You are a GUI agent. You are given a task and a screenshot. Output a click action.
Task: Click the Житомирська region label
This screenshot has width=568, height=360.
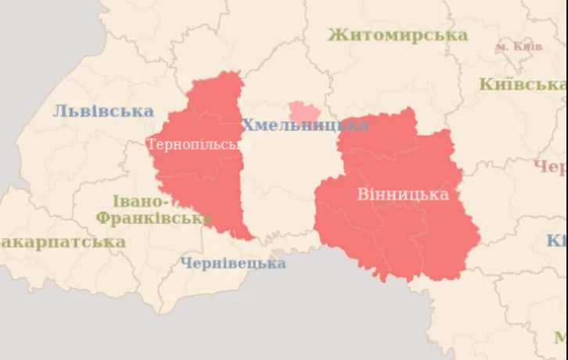[x=397, y=34]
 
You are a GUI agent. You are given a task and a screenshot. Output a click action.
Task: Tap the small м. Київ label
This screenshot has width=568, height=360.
[x=518, y=47]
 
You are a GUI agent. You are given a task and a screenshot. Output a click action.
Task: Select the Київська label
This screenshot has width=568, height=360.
[x=522, y=85]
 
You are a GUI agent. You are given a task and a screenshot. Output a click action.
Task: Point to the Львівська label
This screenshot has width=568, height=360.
[x=103, y=111]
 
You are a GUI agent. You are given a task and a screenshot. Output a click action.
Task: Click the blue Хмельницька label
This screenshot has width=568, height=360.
[x=304, y=125]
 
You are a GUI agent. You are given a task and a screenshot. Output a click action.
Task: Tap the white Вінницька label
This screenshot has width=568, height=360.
[x=403, y=194]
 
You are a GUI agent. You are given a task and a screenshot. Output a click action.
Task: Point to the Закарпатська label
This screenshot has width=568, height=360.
[x=63, y=242]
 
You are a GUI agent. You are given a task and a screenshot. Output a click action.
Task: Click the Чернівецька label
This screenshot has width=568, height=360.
[x=233, y=263]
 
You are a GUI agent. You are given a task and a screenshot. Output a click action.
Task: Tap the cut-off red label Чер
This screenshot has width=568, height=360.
[x=550, y=167]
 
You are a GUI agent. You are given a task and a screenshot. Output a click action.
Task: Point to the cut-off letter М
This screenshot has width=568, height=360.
[x=560, y=337]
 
